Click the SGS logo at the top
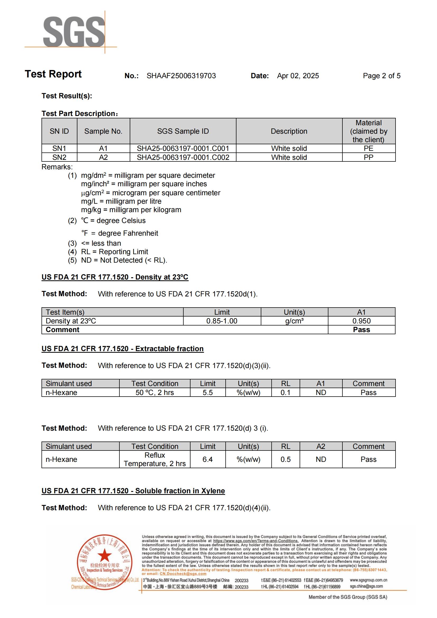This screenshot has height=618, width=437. tap(74, 32)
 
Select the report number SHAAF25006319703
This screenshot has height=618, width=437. tap(181, 76)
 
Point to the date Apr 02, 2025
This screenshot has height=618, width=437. tap(298, 76)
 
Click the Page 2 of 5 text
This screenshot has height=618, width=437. tap(381, 76)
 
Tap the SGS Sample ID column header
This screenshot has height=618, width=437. tap(183, 131)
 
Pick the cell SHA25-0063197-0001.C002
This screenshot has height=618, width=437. tap(183, 157)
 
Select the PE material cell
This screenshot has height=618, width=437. tap(368, 148)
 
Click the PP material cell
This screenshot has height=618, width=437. tap(368, 157)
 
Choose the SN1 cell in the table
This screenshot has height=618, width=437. tap(59, 148)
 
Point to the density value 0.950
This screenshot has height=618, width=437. tap(361, 321)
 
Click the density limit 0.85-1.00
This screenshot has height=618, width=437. tap(222, 321)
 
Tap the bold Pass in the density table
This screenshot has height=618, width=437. tap(361, 330)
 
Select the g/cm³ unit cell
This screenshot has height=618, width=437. tap(294, 321)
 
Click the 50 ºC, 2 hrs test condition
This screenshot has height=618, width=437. tap(155, 393)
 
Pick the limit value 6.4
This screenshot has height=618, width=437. tap(207, 459)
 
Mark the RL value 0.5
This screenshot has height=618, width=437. tap(286, 459)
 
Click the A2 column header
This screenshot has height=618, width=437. tap(321, 447)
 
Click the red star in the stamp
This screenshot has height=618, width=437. tap(104, 555)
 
